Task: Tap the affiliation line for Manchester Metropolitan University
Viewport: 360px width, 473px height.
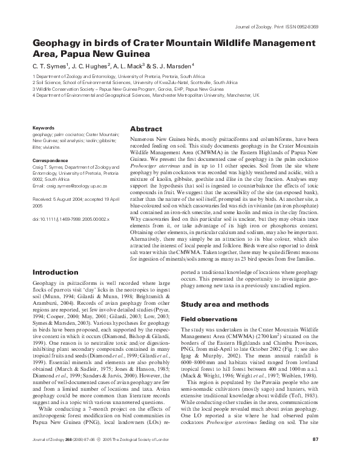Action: tap(145, 96)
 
